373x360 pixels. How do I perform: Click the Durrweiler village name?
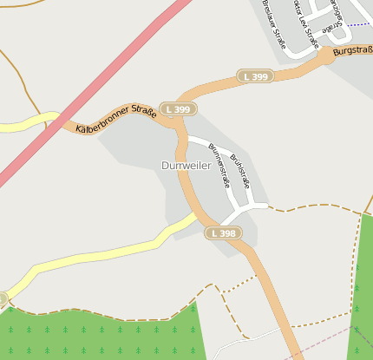[186, 165]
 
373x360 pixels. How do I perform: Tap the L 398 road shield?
[221, 233]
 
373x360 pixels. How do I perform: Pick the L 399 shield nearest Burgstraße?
[256, 76]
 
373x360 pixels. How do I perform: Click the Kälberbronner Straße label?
[115, 119]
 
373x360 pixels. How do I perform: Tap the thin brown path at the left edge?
[10, 69]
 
